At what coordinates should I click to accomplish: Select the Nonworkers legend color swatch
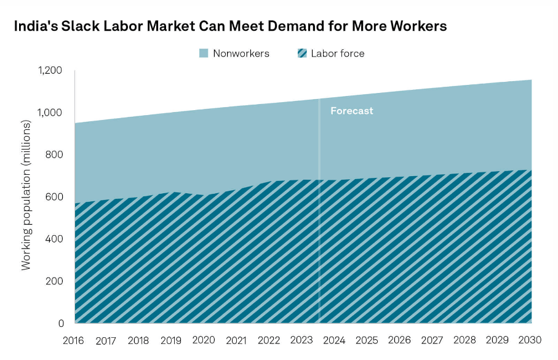click(204, 54)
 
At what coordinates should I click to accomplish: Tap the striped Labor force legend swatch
click(301, 54)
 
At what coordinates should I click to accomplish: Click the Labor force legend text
click(337, 54)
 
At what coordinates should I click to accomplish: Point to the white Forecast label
click(351, 111)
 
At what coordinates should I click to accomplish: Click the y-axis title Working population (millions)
click(26, 196)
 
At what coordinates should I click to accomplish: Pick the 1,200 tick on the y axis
click(50, 70)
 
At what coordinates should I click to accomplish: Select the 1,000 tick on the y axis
click(50, 113)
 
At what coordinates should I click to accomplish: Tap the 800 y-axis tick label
click(55, 154)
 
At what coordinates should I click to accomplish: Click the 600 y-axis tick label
click(55, 197)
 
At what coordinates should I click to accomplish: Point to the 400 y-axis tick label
click(55, 239)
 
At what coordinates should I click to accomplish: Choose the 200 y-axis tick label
click(55, 281)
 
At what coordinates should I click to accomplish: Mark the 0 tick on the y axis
click(61, 323)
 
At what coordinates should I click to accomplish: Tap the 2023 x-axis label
click(301, 340)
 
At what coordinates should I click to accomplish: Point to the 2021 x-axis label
click(236, 340)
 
